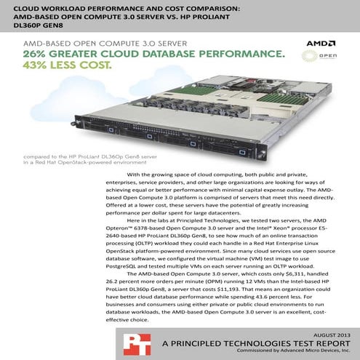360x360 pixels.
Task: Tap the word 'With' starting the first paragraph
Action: click(x=134, y=175)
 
